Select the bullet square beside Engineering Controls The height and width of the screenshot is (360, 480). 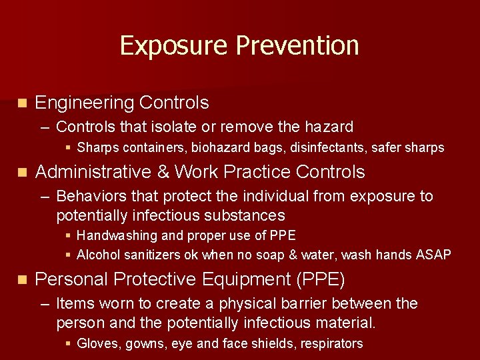22,103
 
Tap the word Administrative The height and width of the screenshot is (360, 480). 93,172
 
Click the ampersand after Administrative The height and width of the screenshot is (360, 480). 163,172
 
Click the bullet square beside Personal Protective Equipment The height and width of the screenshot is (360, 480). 22,279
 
